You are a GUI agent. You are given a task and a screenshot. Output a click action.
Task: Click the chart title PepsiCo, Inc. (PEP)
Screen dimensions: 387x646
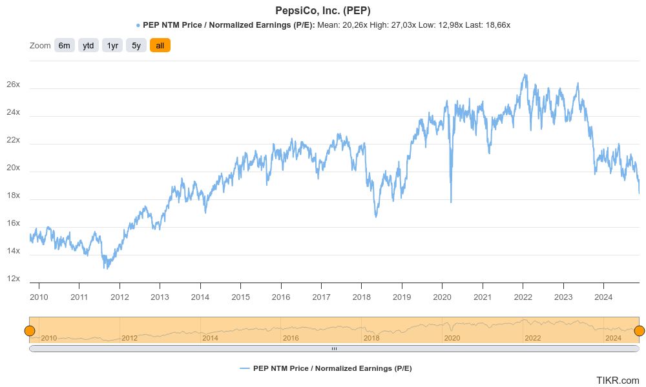tap(323, 10)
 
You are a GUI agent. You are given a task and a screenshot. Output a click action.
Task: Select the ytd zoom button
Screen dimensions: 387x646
tap(89, 45)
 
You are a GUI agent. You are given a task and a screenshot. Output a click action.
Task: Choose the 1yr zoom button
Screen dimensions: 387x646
tap(112, 45)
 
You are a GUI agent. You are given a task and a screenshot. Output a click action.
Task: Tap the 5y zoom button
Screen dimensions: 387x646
tap(136, 45)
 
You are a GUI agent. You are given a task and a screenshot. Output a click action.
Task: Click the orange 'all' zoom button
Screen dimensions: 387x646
tap(160, 45)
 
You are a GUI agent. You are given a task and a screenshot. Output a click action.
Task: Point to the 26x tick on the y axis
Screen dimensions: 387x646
tap(13, 84)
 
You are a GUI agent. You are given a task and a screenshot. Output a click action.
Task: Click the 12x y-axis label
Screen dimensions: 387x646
tap(13, 279)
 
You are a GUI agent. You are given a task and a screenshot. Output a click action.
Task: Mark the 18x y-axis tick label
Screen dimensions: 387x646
tap(13, 195)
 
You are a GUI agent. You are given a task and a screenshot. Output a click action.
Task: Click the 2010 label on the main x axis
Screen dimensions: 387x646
tap(39, 297)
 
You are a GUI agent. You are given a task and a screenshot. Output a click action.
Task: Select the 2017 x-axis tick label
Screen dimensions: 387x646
tap(321, 297)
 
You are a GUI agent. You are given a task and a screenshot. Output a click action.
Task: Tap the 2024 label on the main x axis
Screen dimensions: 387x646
tap(603, 297)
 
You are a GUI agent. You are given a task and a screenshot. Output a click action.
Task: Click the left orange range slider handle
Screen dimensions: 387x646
tap(29, 331)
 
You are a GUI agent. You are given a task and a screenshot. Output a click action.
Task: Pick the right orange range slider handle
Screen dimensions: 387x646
tap(640, 331)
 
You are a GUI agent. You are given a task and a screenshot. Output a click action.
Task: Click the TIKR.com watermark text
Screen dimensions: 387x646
tap(618, 381)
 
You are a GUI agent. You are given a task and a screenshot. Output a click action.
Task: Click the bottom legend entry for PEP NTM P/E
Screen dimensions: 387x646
tap(326, 368)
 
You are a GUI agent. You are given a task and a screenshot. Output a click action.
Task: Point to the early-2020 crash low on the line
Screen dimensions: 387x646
tap(451, 202)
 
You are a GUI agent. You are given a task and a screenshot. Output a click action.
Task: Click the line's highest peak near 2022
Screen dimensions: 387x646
tap(524, 74)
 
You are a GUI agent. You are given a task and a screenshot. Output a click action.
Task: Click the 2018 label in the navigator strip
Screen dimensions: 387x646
tap(371, 338)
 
